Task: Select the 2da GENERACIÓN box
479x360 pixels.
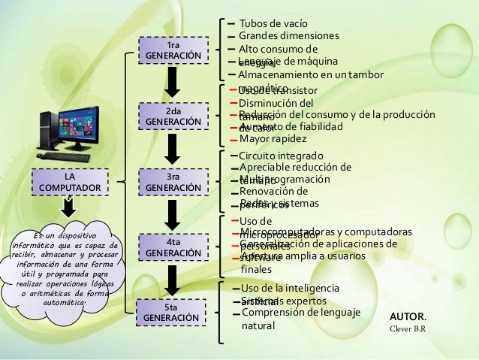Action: click(173, 116)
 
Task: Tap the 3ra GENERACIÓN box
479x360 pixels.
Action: click(173, 180)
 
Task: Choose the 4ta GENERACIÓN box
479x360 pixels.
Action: click(173, 247)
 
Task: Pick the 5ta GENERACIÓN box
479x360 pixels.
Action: click(173, 313)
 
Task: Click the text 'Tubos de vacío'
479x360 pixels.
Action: click(272, 23)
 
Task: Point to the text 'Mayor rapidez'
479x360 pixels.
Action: click(273, 139)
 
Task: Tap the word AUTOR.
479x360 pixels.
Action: click(410, 316)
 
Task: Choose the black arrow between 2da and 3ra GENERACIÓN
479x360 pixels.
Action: click(173, 148)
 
